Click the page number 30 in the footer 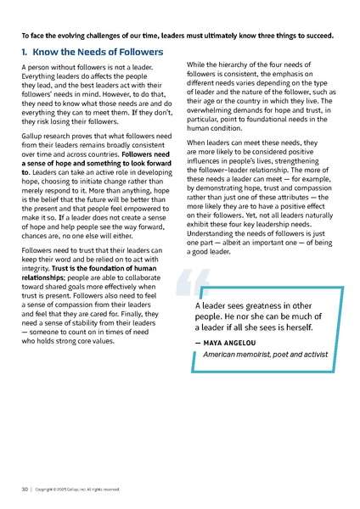tap(25, 489)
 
